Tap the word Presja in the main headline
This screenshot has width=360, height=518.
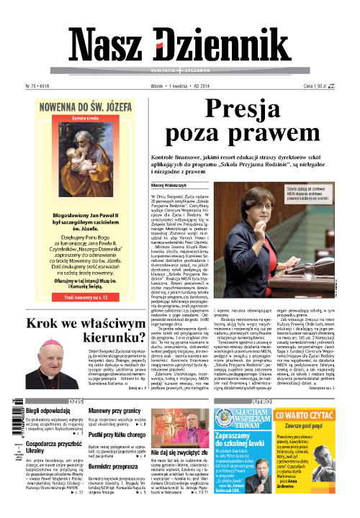coord(247,109)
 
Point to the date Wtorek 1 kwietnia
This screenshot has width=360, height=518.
coord(177,86)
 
